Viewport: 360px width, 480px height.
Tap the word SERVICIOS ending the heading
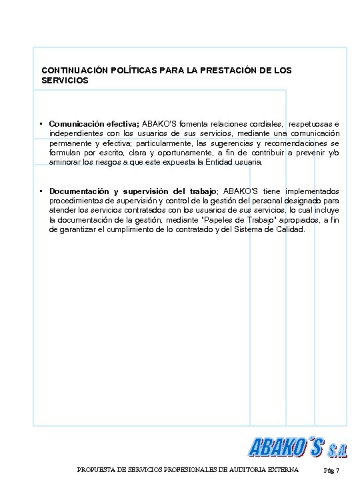pos(64,80)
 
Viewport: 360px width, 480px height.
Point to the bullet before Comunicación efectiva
pos(41,124)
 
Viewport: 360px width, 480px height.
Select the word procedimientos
pos(76,200)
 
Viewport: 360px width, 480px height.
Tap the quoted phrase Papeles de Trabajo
pos(222,219)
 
